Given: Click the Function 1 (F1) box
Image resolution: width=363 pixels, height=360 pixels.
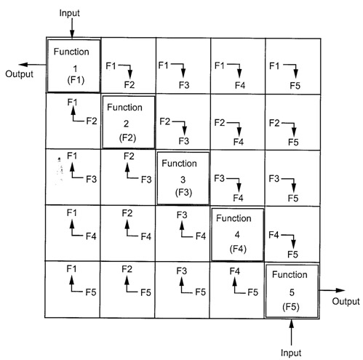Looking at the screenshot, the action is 73,66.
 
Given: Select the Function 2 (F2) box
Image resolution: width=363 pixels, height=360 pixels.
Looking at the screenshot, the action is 129,122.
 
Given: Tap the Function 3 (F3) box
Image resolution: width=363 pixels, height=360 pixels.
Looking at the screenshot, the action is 183,178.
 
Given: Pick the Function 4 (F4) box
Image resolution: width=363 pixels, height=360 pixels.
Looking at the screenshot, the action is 238,234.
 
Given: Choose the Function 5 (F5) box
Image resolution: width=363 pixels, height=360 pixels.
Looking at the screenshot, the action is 292,291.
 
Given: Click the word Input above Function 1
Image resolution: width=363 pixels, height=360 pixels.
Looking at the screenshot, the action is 69,13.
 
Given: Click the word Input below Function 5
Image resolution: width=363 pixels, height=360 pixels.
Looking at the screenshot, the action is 291,353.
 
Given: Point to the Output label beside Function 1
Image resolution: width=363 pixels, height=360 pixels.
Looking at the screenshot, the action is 19,74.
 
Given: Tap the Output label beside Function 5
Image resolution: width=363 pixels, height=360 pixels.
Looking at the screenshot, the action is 346,301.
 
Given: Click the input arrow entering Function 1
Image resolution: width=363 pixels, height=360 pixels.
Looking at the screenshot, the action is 72,28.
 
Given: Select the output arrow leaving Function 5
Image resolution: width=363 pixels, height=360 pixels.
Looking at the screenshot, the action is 332,290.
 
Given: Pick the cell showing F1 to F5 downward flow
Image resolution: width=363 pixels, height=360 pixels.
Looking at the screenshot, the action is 293,66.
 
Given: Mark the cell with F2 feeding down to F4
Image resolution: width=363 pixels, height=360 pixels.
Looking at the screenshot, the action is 238,122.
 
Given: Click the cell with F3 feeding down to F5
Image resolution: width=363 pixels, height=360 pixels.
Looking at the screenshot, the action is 292,178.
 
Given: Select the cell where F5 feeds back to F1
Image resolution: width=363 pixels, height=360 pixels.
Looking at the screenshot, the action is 73,289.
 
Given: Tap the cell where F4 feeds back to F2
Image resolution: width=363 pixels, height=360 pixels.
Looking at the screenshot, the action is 128,233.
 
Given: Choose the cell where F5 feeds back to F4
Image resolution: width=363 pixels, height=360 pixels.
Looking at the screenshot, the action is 236,289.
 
